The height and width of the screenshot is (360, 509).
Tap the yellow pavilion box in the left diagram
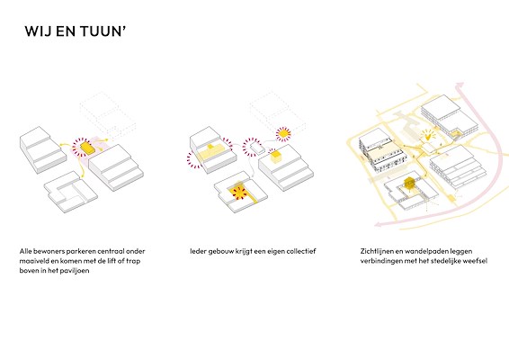[x=87, y=147]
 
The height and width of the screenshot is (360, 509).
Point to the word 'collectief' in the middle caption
[x=301, y=251]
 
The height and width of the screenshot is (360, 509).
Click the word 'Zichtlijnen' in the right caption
[x=377, y=251]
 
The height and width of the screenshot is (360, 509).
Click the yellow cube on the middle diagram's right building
[x=276, y=157]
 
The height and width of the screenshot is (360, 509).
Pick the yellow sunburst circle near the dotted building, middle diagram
[x=283, y=133]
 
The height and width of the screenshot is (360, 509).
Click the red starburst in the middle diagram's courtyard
[x=239, y=193]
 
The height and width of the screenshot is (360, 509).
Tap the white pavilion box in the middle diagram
[x=258, y=148]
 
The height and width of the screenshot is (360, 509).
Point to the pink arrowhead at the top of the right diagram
[x=459, y=85]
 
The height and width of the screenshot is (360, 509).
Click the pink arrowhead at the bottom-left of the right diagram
[x=378, y=223]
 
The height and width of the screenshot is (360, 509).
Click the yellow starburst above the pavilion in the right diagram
[x=428, y=135]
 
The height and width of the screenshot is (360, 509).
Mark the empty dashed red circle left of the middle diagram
[x=194, y=160]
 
